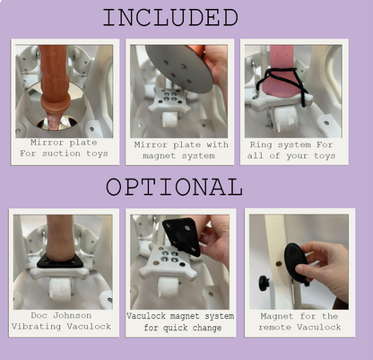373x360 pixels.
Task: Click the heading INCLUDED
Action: [x=170, y=18]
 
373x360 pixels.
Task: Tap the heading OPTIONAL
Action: [x=174, y=187]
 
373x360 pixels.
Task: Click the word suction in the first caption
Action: [x=61, y=154]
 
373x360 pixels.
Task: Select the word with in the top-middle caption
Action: [x=217, y=145]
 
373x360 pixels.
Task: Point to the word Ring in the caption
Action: [x=261, y=145]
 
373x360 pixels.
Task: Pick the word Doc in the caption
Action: [x=39, y=315]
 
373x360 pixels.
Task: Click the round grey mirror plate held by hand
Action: [x=180, y=69]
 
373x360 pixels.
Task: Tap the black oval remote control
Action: [x=296, y=262]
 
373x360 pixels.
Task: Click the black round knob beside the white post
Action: [x=264, y=283]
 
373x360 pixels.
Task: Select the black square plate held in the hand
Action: [x=181, y=236]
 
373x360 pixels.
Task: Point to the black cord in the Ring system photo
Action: [x=284, y=83]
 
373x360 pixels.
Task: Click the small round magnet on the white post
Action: [x=278, y=264]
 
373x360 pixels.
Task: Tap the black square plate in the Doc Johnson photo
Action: [x=60, y=261]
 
